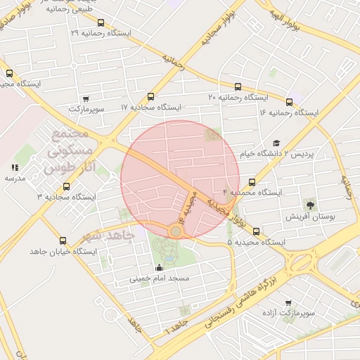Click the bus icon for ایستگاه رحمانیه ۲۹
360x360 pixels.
click(x=101, y=22)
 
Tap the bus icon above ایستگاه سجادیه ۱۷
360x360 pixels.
click(x=150, y=97)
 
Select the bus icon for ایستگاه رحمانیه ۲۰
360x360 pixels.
click(x=224, y=85)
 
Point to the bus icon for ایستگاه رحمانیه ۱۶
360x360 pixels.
click(x=289, y=102)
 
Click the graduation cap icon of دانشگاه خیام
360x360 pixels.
click(x=276, y=143)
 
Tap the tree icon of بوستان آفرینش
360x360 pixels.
click(x=309, y=205)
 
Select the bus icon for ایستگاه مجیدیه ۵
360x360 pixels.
click(x=255, y=231)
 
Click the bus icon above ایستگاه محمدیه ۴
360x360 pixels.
click(x=252, y=182)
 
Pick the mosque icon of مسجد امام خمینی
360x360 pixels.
click(x=159, y=267)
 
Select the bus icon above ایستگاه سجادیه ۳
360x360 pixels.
click(x=66, y=186)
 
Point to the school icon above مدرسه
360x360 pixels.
click(x=15, y=167)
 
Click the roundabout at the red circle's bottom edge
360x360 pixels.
click(x=175, y=231)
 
